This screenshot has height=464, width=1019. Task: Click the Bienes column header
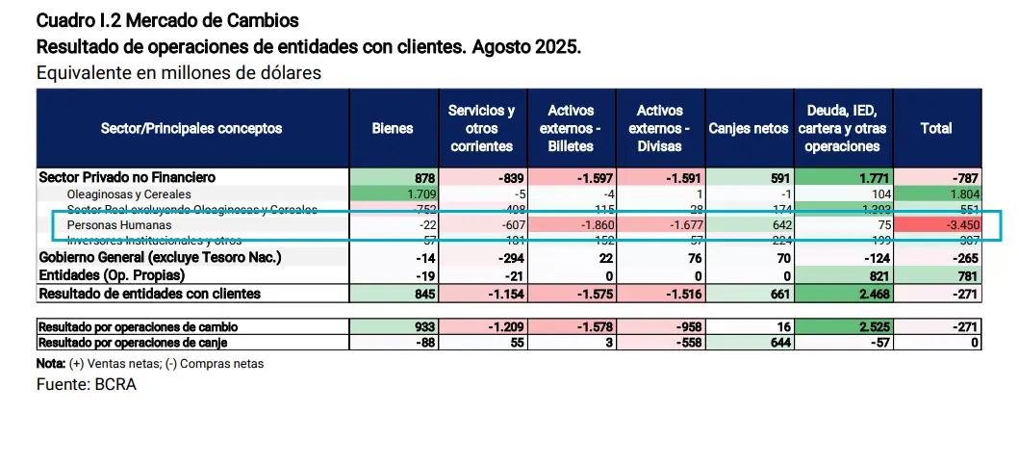pyautogui.click(x=393, y=128)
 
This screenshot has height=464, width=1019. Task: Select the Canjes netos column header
pyautogui.click(x=748, y=128)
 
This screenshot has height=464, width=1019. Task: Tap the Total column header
pyautogui.click(x=936, y=128)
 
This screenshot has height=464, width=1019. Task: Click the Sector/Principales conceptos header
pyautogui.click(x=191, y=128)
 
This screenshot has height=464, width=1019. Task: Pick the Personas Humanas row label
pyautogui.click(x=106, y=224)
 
